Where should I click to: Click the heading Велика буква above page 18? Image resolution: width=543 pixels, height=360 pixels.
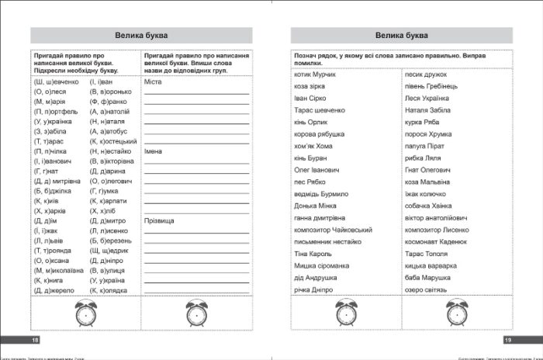click(x=142, y=36)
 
